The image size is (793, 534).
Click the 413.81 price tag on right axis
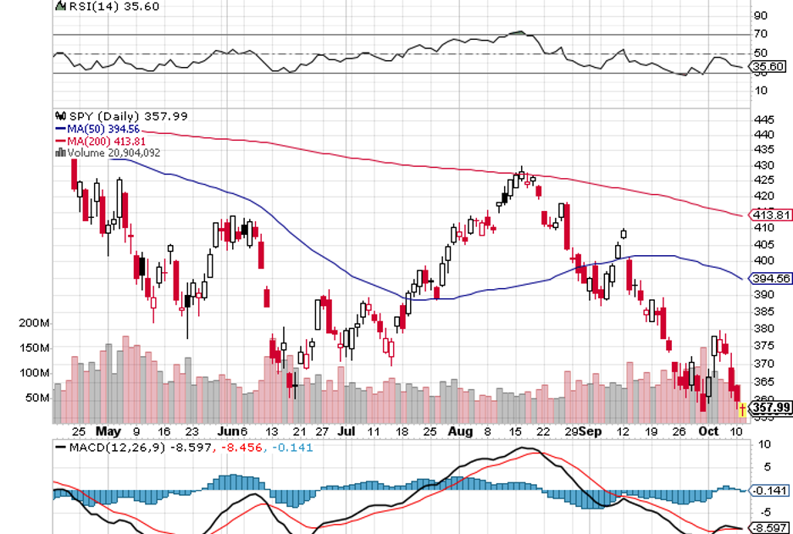click(767, 215)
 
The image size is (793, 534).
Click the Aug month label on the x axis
click(459, 431)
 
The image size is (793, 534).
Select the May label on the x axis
click(109, 431)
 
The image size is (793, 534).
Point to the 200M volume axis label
click(35, 324)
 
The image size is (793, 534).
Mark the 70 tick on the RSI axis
click(760, 34)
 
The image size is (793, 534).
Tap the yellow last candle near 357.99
click(742, 411)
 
